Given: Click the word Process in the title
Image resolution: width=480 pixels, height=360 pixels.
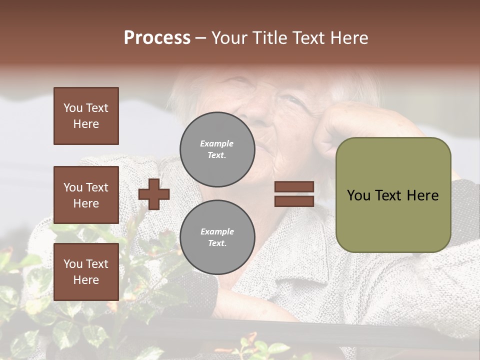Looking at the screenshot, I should [x=157, y=38].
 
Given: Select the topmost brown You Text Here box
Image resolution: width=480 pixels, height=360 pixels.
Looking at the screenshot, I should [x=86, y=116].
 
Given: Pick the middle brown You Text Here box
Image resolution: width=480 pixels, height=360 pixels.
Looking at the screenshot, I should [x=86, y=195].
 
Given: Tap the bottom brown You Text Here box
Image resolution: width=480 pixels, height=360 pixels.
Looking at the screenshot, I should [x=86, y=271].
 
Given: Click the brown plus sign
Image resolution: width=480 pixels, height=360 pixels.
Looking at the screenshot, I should [x=154, y=194].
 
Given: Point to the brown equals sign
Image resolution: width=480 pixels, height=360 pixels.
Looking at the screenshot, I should [x=294, y=194].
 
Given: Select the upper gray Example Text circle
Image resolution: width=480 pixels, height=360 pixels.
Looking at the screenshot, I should [x=217, y=149].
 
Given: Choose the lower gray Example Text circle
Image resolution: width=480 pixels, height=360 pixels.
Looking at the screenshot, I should [x=217, y=237].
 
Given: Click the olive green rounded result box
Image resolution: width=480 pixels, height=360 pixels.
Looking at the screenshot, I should [x=393, y=195].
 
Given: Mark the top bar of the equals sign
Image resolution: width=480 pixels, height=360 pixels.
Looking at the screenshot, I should [x=294, y=187].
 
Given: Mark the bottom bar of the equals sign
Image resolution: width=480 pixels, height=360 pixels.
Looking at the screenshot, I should [x=294, y=201].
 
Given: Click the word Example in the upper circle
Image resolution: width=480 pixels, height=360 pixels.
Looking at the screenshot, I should [x=217, y=143].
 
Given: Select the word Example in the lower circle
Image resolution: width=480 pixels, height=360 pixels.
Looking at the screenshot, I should [x=217, y=231].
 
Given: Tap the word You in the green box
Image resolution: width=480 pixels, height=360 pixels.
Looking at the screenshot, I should [x=359, y=195].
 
